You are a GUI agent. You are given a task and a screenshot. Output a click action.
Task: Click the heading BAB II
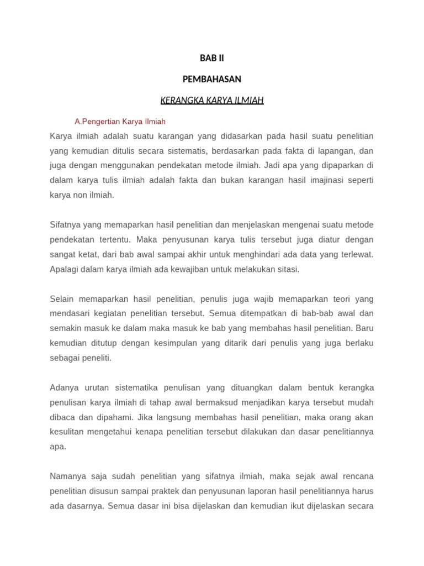211,58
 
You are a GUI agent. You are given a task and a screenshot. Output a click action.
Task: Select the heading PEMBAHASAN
211,79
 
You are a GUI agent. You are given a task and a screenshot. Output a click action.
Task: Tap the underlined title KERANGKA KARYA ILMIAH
211,100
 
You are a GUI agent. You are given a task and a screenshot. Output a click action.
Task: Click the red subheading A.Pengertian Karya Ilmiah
120,121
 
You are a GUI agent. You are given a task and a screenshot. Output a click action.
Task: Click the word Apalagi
65,269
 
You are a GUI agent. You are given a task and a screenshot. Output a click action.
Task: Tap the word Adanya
65,387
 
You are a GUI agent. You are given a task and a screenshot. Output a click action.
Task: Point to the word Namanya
67,476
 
